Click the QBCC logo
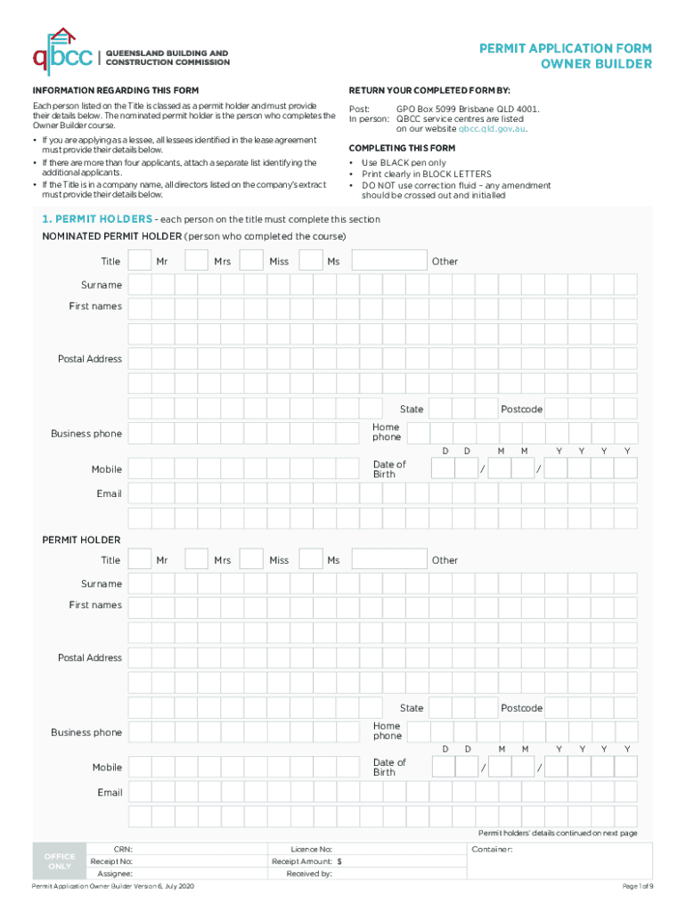pos(62,50)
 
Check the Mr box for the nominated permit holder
pos(139,261)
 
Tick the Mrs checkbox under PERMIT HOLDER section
pos(196,560)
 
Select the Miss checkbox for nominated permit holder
pos(252,261)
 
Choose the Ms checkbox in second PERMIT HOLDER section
pos(310,560)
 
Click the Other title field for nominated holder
pos(388,261)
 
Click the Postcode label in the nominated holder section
pos(521,409)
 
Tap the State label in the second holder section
pos(412,708)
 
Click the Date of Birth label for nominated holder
pos(389,469)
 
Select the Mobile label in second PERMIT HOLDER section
pos(107,768)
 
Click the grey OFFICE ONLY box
pos(60,861)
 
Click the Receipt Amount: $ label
pos(307,862)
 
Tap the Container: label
pos(492,850)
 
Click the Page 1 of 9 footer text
pos(637,886)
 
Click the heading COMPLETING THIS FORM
pos(402,148)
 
